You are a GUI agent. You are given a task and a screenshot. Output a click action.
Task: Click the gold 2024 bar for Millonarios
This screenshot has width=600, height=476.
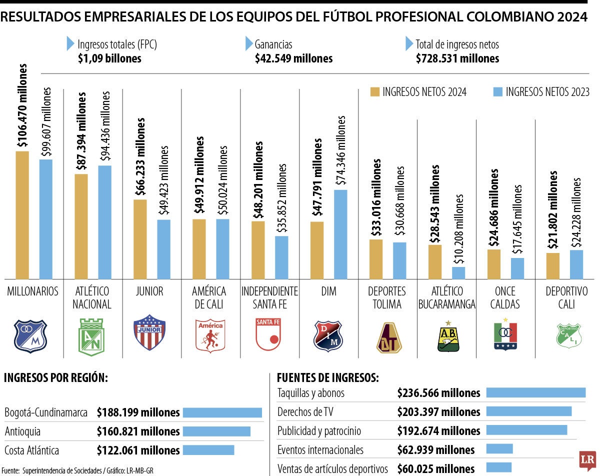coord(22,215)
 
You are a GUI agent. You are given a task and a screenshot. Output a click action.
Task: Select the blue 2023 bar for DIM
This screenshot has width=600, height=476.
coord(340,234)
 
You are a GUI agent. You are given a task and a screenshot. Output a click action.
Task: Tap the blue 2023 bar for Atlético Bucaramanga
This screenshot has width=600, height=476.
coord(458,273)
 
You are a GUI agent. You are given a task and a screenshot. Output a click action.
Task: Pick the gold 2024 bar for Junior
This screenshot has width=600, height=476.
coord(140,239)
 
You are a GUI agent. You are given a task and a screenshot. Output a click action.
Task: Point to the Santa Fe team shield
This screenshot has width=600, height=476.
coord(268,333)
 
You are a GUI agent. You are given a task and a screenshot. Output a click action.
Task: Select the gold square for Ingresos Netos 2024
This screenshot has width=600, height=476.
coord(375,91)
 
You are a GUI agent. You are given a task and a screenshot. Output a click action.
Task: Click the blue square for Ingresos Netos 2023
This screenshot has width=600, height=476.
coord(497,91)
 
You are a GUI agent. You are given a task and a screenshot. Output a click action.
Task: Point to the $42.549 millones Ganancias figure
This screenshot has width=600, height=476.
coord(293,58)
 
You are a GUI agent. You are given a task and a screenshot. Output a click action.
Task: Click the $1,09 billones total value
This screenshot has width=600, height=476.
coord(109,58)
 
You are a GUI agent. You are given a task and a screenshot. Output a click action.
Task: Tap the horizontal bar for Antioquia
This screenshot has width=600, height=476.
coord(216,431)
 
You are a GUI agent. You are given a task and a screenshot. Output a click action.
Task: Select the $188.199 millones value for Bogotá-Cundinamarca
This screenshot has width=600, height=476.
coord(138,412)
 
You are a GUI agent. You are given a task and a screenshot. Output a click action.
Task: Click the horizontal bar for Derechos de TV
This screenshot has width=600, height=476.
coord(528,411)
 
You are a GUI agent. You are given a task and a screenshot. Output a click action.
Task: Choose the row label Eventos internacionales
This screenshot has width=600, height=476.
coord(320,449)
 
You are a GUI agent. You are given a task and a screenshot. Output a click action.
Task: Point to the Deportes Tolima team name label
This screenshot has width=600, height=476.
coord(387,297)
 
